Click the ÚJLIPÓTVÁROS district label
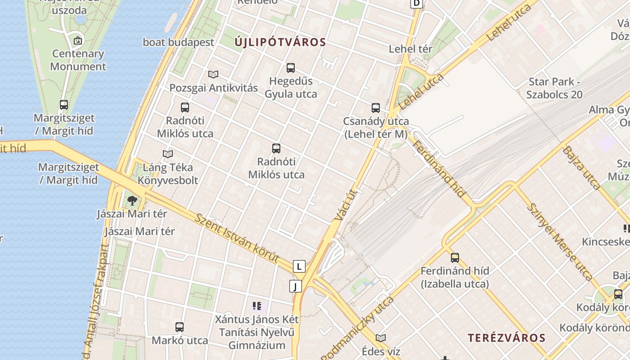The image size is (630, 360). click(x=280, y=42)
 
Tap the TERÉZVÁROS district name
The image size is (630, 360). click(x=506, y=338)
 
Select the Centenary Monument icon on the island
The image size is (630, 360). click(x=78, y=40)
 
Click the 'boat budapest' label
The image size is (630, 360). click(x=178, y=42)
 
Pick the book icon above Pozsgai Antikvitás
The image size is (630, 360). click(x=213, y=74)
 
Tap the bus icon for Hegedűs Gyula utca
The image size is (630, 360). click(x=291, y=68)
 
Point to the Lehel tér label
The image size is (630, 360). click(x=410, y=49)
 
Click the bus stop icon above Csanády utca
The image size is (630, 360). click(x=376, y=108)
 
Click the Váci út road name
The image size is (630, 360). click(x=346, y=205)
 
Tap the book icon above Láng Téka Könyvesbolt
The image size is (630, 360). click(x=168, y=154)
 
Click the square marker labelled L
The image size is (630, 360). click(x=299, y=266)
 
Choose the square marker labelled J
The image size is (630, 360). click(x=295, y=286)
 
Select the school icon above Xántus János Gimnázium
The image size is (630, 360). click(x=257, y=306)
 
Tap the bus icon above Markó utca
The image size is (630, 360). click(x=180, y=327)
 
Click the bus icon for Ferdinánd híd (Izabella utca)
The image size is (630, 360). click(x=455, y=258)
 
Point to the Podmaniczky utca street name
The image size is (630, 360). click(x=358, y=329)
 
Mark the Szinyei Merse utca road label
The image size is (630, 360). click(x=559, y=241)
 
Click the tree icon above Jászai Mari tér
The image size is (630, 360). click(x=132, y=200)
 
